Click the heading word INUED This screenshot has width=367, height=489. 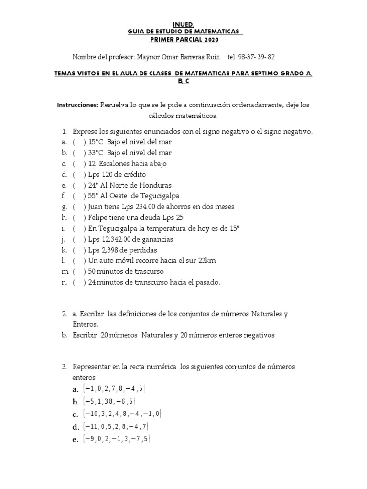[x=183, y=24]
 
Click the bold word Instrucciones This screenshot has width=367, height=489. [x=77, y=105]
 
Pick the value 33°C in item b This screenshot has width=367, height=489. [x=97, y=153]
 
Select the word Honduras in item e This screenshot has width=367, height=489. [x=154, y=185]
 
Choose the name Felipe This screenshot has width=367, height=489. [x=99, y=218]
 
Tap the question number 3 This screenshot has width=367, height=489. [x=64, y=367]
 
